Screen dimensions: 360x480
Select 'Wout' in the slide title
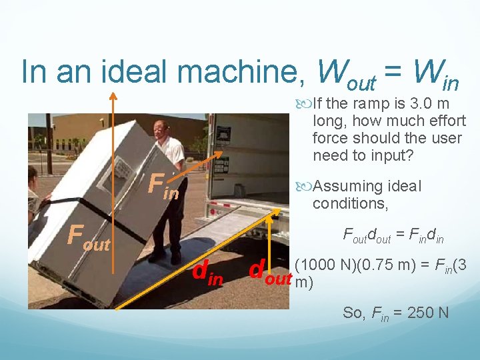(347, 75)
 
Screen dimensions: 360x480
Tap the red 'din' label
(207, 273)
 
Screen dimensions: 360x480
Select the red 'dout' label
(270, 273)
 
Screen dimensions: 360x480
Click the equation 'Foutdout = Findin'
(393, 235)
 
